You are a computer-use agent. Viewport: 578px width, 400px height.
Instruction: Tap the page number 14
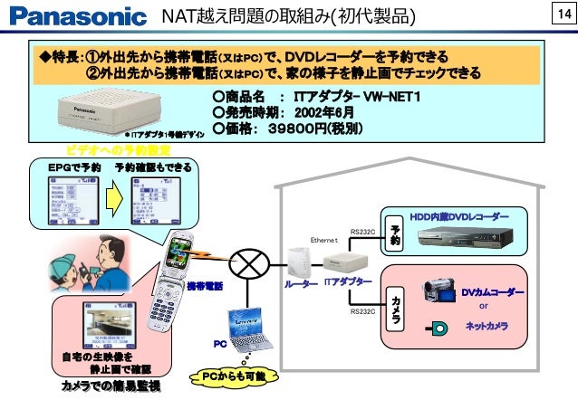561,15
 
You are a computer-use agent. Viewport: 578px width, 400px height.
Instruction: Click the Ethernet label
323,240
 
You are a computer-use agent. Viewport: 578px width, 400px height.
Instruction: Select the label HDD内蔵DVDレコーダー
459,216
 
